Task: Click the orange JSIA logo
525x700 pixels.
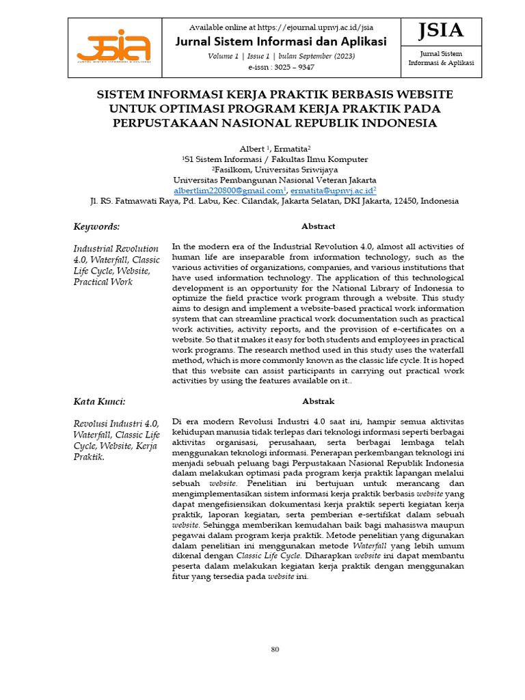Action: click(x=113, y=46)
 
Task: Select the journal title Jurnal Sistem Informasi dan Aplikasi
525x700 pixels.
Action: click(x=281, y=41)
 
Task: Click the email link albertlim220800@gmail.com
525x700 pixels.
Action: click(x=228, y=191)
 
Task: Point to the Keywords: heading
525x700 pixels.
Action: click(x=96, y=226)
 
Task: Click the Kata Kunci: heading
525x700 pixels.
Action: click(x=99, y=401)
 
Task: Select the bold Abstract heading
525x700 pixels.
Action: click(x=318, y=226)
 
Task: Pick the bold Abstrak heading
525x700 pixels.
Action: click(x=318, y=401)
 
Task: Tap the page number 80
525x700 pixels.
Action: click(x=275, y=649)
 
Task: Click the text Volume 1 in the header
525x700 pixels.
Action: click(x=223, y=56)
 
